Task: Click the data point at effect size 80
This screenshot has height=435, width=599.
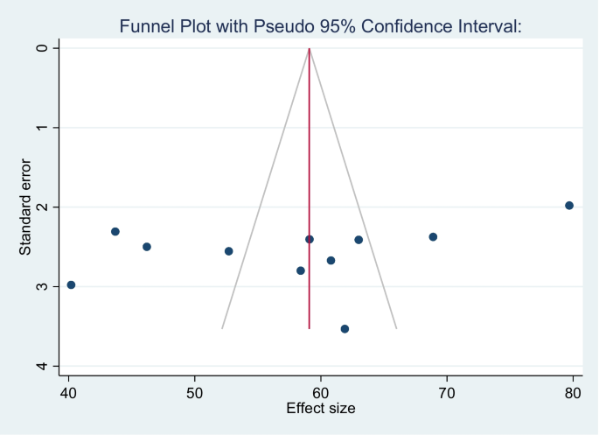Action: (x=569, y=206)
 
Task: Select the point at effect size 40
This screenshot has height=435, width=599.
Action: (x=71, y=284)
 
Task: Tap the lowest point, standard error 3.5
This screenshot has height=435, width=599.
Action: (x=345, y=329)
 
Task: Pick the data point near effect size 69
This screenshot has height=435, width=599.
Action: (x=433, y=237)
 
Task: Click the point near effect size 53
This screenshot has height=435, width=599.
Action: (x=229, y=251)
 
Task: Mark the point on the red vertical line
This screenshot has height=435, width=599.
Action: (x=310, y=239)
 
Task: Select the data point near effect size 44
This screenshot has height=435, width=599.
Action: (x=115, y=232)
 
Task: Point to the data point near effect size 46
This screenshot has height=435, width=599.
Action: (x=147, y=247)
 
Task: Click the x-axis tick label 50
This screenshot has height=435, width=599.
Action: (x=195, y=391)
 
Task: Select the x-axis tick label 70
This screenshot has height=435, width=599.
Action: (x=447, y=391)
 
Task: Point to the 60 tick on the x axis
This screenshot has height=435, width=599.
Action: (x=321, y=391)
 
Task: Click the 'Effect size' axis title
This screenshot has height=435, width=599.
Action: (x=321, y=408)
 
